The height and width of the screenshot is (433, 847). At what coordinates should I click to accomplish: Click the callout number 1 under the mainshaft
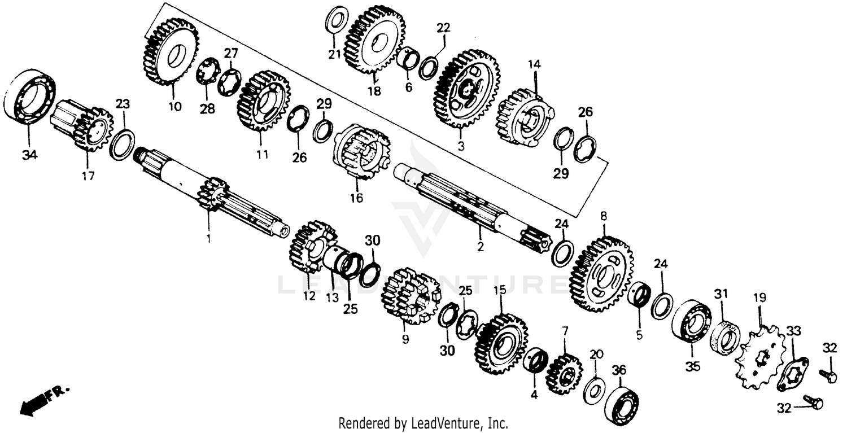[208, 239]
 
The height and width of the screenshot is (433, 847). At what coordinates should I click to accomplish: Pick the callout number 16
[356, 198]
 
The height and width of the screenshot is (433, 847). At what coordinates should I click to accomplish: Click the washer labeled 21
[337, 20]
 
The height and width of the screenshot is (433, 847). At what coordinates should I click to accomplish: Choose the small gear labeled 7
[564, 373]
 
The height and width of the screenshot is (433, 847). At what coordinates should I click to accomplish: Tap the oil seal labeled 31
[724, 337]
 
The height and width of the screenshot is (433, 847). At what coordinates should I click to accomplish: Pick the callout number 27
[231, 54]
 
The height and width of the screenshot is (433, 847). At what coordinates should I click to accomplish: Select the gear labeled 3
[466, 90]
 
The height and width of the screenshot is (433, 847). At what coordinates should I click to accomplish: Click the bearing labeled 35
[691, 321]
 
